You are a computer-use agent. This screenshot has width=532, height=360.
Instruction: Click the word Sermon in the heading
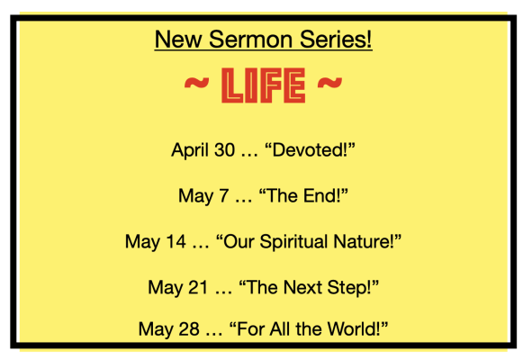(250, 40)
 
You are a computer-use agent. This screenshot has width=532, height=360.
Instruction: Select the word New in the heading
(178, 40)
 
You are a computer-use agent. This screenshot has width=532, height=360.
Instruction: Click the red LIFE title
(263, 85)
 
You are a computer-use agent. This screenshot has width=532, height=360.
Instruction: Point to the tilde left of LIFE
(196, 83)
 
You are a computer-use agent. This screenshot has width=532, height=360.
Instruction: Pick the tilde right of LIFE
(329, 83)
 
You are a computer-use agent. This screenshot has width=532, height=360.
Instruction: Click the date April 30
(203, 150)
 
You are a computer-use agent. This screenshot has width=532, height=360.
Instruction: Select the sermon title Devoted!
(310, 149)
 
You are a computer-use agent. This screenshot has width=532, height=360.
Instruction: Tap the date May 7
(203, 196)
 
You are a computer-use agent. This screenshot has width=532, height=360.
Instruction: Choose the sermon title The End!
(303, 195)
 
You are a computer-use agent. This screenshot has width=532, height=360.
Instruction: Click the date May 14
(156, 242)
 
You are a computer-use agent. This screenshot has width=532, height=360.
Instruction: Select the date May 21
(178, 288)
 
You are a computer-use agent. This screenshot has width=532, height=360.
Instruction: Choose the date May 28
(168, 329)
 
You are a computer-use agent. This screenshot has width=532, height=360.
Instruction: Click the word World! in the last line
(357, 328)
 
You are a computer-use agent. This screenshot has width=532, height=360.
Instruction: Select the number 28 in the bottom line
(189, 329)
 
